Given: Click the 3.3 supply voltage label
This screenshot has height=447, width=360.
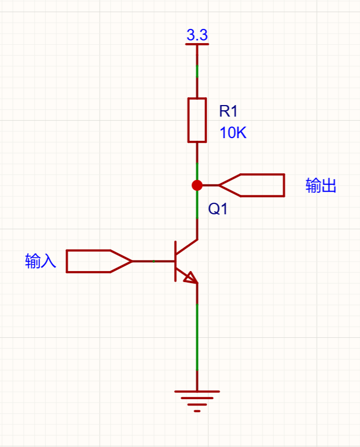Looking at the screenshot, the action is tap(197, 35).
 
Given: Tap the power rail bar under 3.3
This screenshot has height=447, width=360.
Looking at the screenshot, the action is tap(197, 44).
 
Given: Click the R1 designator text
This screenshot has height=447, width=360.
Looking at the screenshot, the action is tap(228, 111).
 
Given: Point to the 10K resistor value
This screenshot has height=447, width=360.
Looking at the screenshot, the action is tap(233, 133).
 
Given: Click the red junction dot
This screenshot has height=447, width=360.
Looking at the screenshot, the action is tap(197, 185).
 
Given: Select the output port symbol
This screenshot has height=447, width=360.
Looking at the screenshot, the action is tap(252, 185).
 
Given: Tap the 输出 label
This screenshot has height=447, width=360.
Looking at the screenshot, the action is tap(321, 185).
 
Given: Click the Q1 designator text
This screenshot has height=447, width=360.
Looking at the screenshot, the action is tap(218, 209).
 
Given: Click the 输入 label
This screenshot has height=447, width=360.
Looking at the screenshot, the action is tap(40, 261).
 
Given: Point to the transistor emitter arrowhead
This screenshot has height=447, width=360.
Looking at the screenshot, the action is tap(191, 278).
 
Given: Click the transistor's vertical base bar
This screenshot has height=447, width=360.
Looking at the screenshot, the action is tap(176, 261).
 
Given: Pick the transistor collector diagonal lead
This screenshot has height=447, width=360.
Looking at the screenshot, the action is tap(187, 247).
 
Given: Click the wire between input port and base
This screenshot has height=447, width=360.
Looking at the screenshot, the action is tap(153, 261).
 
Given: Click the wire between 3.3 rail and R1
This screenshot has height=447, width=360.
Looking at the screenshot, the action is tap(197, 71).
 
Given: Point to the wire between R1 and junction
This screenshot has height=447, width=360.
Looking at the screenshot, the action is tap(197, 161).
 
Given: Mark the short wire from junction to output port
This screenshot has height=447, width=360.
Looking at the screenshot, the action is tap(210, 185).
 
